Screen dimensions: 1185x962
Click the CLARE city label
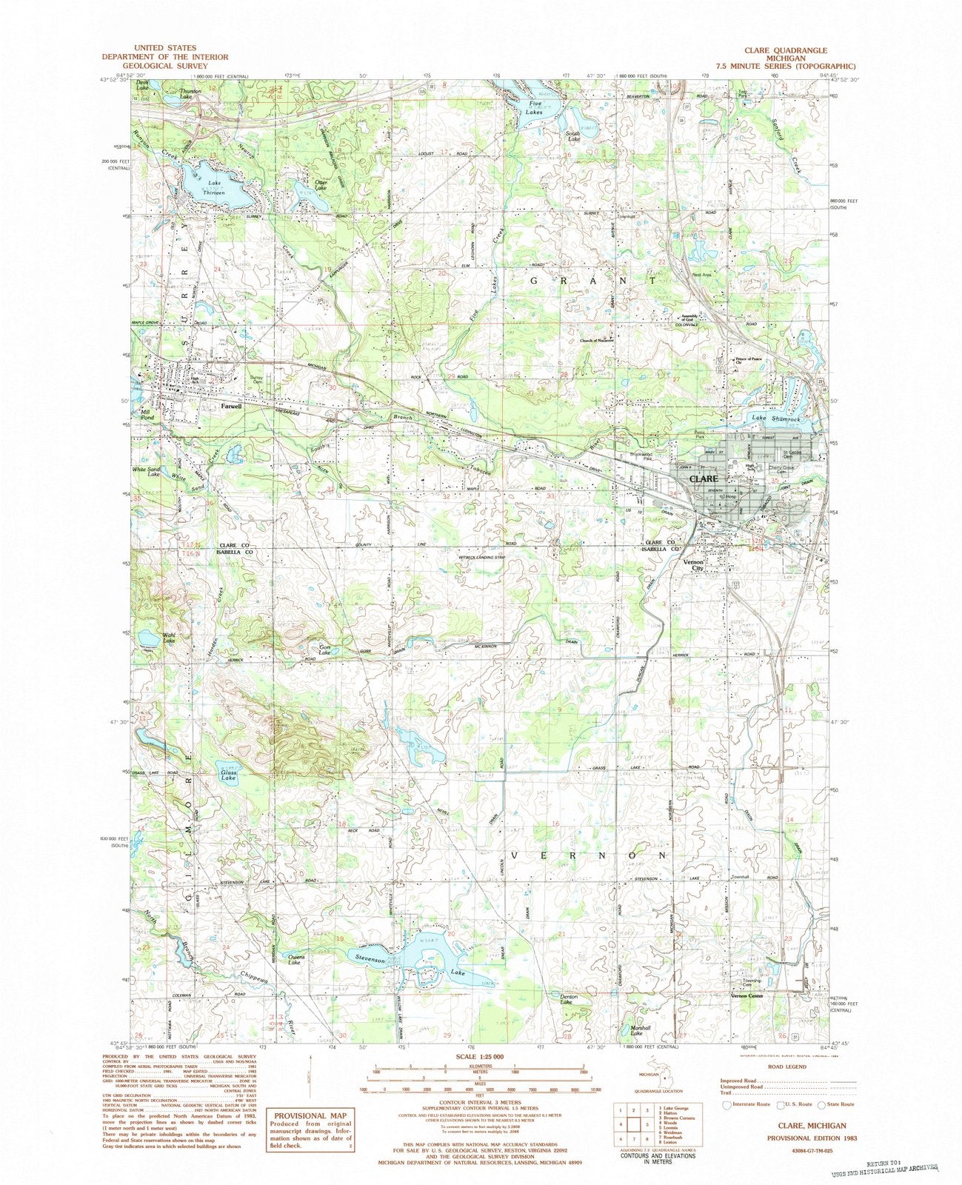703,479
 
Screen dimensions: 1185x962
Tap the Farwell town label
231,406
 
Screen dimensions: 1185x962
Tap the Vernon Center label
746,996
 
